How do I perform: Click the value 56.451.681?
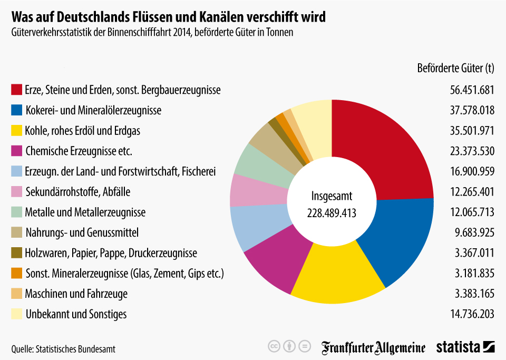pos(472,90)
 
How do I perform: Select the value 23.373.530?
pos(472,151)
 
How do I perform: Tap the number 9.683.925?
pos(475,233)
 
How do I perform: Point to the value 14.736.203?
pos(472,315)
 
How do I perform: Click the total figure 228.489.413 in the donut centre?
pos(332,213)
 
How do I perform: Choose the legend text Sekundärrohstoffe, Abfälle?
pos(77,192)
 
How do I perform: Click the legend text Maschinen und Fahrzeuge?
pos(76,294)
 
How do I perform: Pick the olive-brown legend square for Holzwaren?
pos(16,253)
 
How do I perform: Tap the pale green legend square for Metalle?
pos(16,212)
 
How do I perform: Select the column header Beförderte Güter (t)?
pos(455,69)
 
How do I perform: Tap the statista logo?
pos(465,347)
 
